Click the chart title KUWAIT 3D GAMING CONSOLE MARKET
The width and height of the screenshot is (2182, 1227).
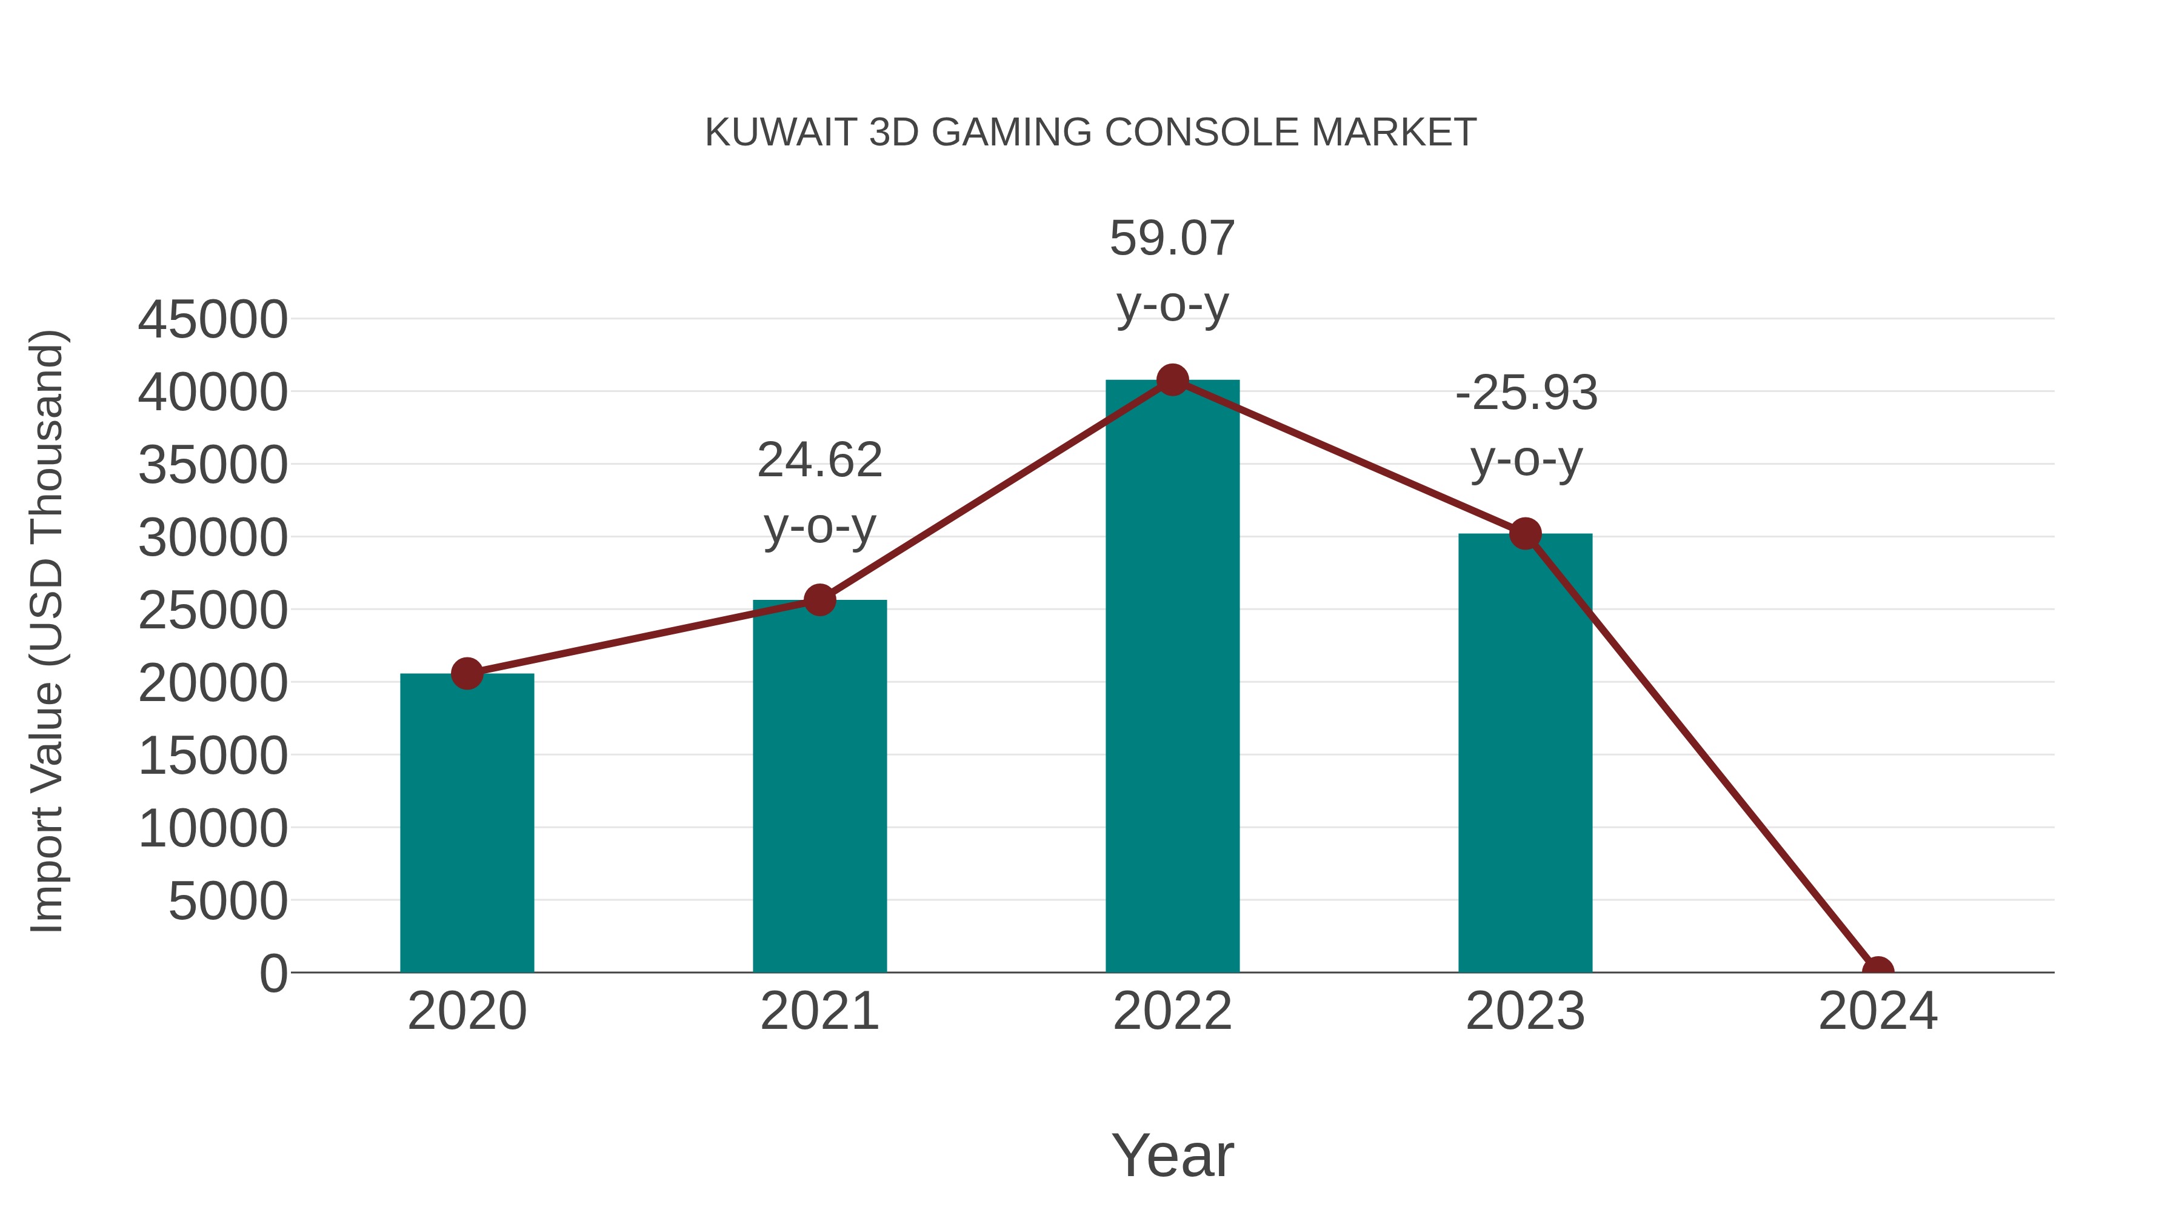[x=1090, y=133]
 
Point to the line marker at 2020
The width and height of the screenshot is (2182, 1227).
[x=467, y=674]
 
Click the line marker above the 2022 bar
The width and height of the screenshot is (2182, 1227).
[x=1172, y=380]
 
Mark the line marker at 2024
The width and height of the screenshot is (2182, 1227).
[x=1878, y=971]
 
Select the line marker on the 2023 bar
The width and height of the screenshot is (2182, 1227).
[x=1525, y=533]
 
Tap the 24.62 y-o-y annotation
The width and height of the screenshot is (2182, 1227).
[x=819, y=493]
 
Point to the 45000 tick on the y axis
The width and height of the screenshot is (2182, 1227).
[x=213, y=320]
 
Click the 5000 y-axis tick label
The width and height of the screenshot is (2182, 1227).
[x=228, y=901]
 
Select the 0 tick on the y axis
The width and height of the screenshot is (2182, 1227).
[x=273, y=973]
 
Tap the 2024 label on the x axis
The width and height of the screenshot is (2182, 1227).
[x=1878, y=1011]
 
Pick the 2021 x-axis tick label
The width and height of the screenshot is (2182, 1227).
[x=819, y=1011]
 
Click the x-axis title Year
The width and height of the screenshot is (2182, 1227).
[x=1172, y=1155]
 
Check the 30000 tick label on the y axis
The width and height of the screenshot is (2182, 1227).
[x=213, y=537]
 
